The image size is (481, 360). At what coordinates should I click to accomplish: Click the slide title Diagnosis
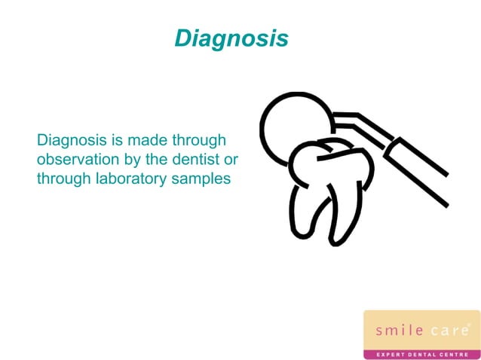[231, 38]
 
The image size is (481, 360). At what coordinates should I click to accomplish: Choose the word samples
[202, 178]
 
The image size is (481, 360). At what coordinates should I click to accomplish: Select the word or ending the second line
[231, 160]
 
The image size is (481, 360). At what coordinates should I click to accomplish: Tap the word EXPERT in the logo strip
[389, 353]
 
